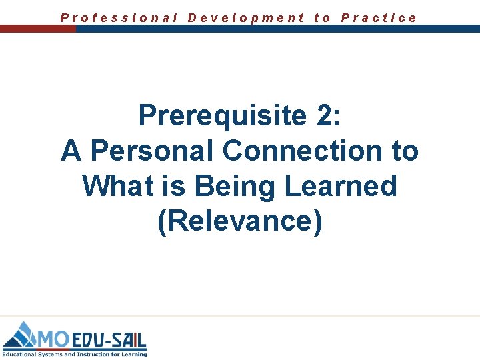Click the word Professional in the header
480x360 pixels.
[119, 18]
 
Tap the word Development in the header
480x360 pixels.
[246, 18]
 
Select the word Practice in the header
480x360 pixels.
[379, 18]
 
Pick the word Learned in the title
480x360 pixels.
[341, 185]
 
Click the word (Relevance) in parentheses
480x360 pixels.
[240, 221]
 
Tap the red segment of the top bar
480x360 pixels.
[38, 29]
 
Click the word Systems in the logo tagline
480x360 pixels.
[47, 354]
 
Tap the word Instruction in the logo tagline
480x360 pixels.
[87, 354]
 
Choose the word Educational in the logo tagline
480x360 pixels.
[18, 354]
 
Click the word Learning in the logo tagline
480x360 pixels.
[133, 354]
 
